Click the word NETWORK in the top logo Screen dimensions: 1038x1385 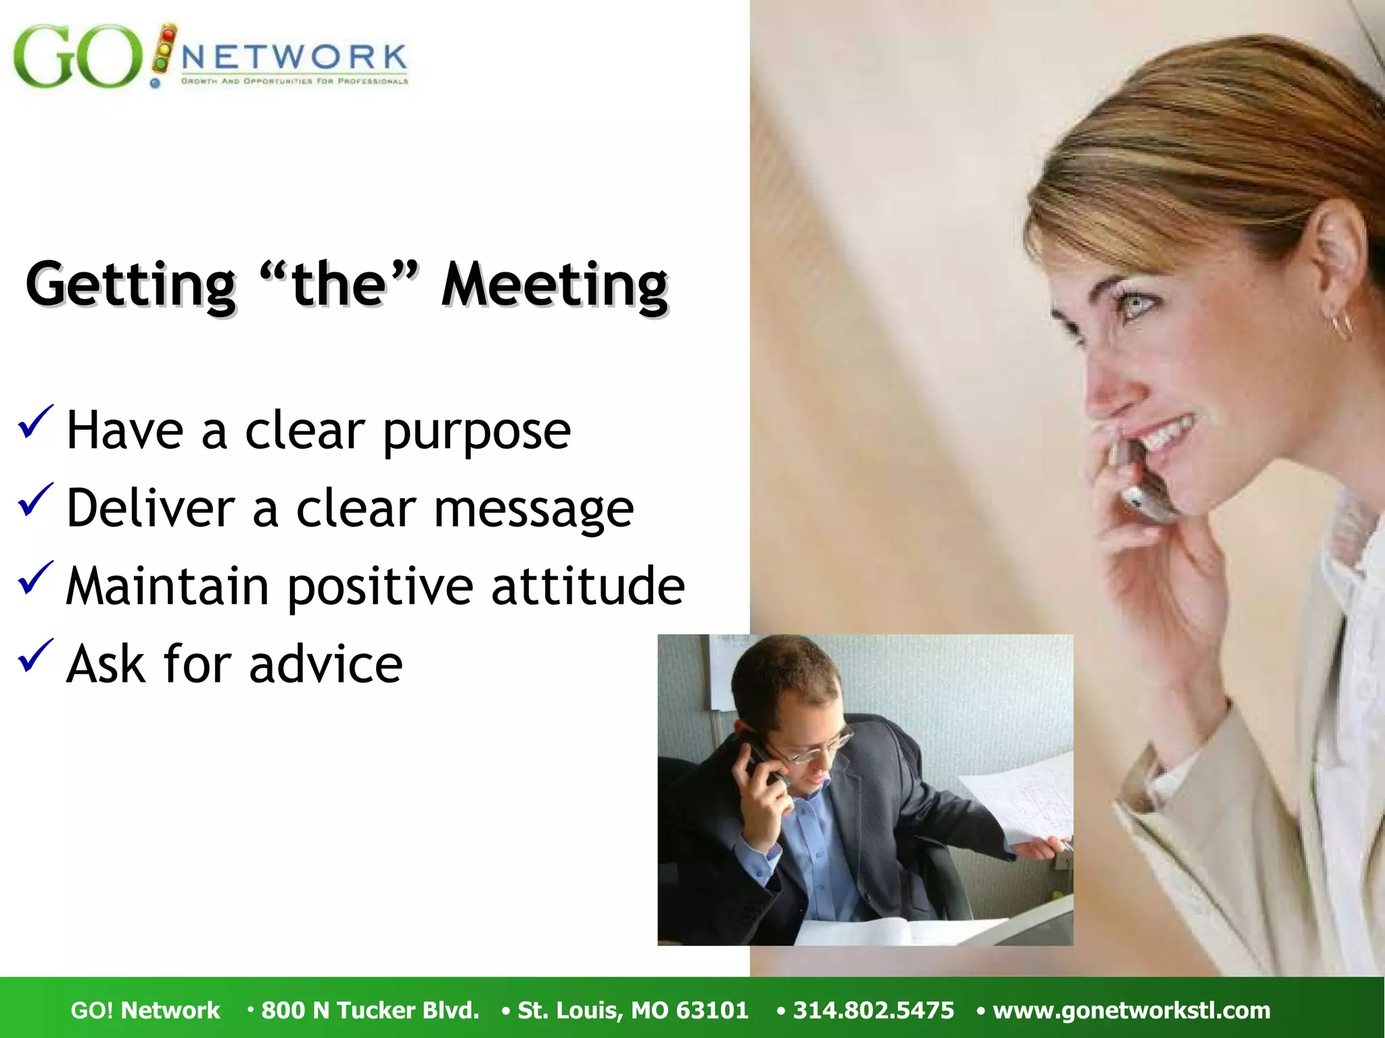click(295, 57)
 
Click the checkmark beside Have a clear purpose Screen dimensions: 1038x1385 click(35, 423)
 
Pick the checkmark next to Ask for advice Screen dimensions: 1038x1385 click(35, 657)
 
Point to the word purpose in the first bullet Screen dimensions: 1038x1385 click(477, 432)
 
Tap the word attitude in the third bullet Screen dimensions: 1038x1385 click(588, 586)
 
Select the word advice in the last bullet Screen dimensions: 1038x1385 click(325, 665)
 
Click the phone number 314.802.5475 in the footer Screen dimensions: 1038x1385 click(873, 1010)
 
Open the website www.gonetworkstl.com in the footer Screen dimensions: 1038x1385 click(1131, 1010)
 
